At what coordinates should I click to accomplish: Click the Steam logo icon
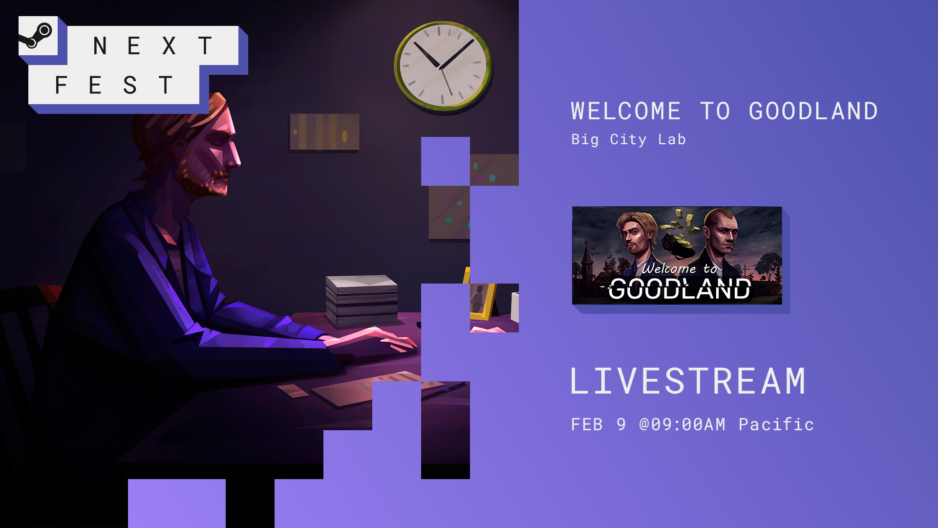(36, 36)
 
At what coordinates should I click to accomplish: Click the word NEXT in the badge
(153, 46)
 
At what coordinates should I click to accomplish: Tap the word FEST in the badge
(114, 85)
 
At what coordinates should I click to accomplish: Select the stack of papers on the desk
(362, 300)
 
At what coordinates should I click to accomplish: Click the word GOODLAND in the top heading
(813, 111)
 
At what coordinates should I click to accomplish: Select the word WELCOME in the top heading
(626, 111)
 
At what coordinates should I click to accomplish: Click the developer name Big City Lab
(628, 139)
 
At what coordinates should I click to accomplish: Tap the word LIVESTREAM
(688, 381)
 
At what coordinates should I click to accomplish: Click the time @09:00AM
(682, 424)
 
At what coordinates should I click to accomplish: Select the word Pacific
(776, 424)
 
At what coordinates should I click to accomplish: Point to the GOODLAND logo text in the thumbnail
(680, 288)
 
